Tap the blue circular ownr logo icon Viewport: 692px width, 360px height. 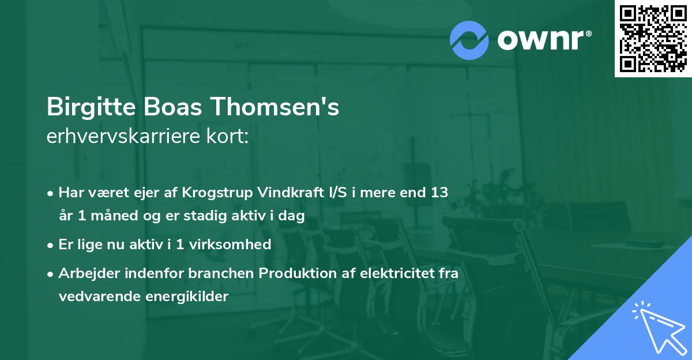469,40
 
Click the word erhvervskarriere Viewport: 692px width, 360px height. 125,137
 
